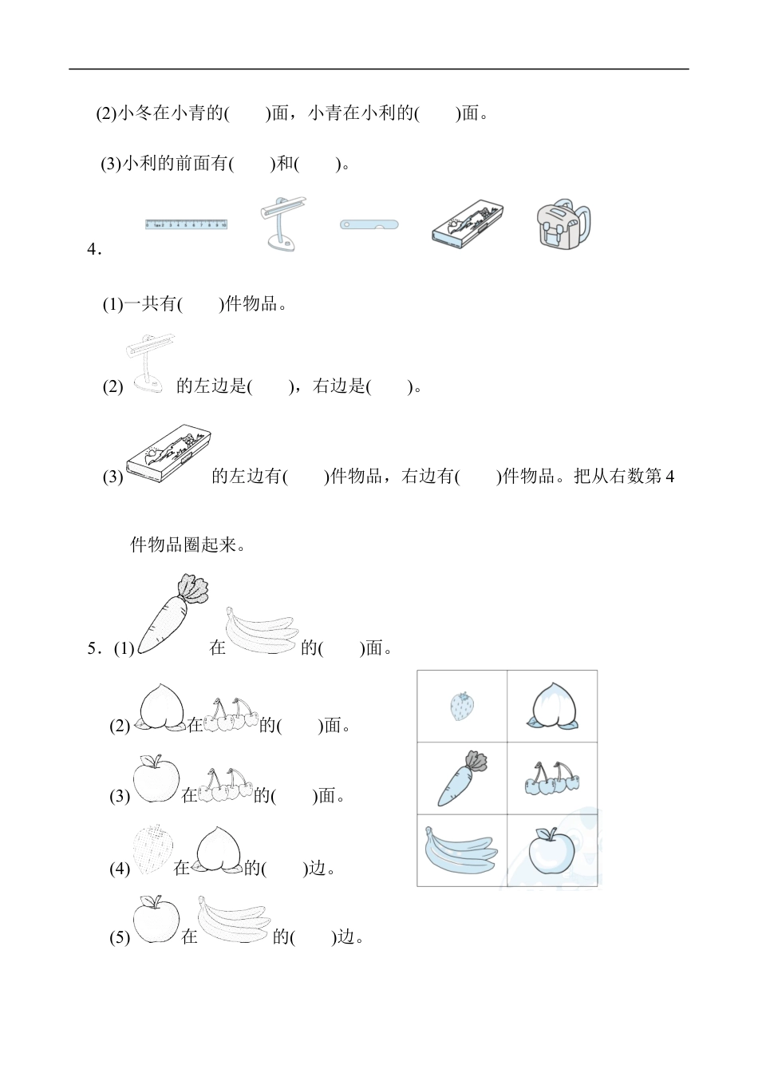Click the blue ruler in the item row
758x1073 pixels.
pos(187,224)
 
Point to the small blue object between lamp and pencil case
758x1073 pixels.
pos(369,224)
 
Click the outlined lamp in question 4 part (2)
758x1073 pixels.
pos(150,363)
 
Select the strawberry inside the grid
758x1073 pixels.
pos(462,706)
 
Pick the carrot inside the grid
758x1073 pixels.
pos(462,777)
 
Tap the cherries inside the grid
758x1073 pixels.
pos(552,778)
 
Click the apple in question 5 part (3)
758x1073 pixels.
pos(156,778)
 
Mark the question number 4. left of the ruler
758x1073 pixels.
pos(94,249)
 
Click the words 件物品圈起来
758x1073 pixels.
pos(188,545)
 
